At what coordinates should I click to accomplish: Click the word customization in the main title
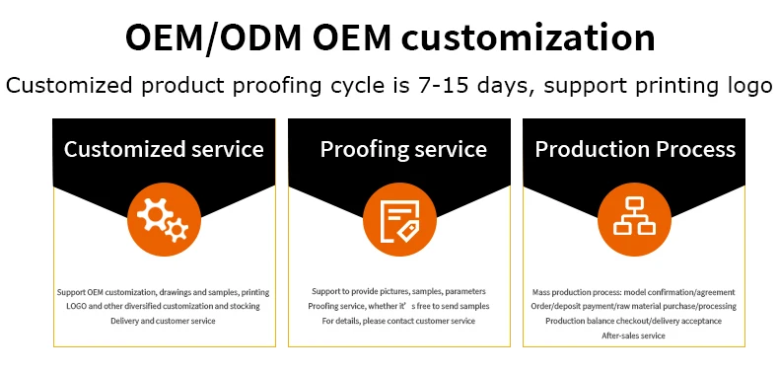(x=528, y=38)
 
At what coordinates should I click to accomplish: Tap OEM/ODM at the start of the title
(x=213, y=38)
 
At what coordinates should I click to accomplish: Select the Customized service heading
(x=164, y=149)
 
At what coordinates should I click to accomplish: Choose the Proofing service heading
(x=403, y=150)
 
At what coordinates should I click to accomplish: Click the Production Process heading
(x=635, y=150)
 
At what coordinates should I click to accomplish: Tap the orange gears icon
(x=164, y=219)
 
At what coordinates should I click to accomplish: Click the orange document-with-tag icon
(x=399, y=219)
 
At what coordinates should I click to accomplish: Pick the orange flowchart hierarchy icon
(x=634, y=219)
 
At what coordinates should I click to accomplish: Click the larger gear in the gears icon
(x=155, y=214)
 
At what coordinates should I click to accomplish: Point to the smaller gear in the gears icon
(x=177, y=230)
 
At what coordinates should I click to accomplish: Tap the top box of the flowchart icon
(x=634, y=203)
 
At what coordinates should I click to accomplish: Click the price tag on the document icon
(x=408, y=231)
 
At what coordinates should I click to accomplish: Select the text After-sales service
(x=633, y=336)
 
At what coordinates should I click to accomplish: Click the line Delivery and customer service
(x=163, y=321)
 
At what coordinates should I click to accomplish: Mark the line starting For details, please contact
(x=398, y=321)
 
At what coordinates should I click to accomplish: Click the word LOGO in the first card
(x=77, y=306)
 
